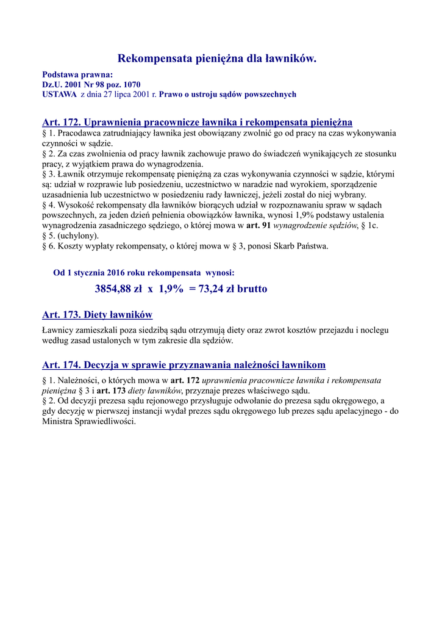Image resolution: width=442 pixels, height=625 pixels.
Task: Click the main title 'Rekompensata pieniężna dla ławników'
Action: coord(216,59)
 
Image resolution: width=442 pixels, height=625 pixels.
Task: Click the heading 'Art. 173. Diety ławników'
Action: coord(97,315)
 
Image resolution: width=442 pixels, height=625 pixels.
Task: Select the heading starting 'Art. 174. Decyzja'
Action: coord(184,365)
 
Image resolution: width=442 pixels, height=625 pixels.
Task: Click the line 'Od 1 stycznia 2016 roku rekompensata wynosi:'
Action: coord(144,272)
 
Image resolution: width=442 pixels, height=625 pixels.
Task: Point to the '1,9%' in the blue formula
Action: coord(171,289)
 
